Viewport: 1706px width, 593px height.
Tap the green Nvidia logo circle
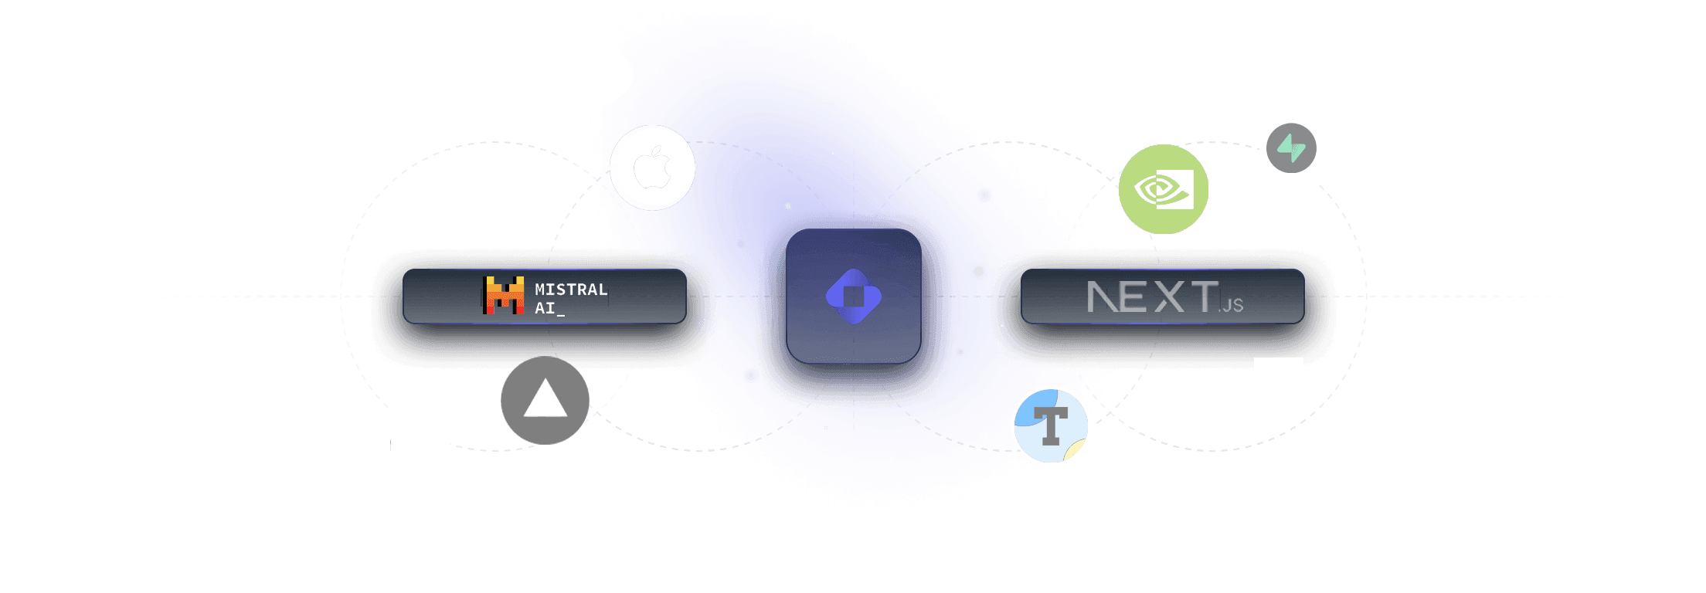click(x=1164, y=189)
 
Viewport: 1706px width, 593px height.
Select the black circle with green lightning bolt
click(x=1291, y=148)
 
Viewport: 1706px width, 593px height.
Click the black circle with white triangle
click(x=545, y=401)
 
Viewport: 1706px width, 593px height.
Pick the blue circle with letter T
click(x=1050, y=425)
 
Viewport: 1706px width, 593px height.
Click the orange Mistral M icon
click(x=504, y=296)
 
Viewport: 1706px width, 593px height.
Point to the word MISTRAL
click(x=571, y=290)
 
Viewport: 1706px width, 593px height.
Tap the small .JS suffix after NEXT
click(x=1231, y=305)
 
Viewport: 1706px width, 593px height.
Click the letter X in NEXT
click(x=1169, y=297)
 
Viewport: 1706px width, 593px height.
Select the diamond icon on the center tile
click(x=853, y=296)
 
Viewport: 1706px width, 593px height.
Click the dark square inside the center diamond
click(x=853, y=296)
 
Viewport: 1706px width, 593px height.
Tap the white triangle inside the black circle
click(x=545, y=400)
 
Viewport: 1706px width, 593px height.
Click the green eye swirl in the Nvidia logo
click(x=1155, y=190)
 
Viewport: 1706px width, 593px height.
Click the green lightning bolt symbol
click(x=1291, y=147)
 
